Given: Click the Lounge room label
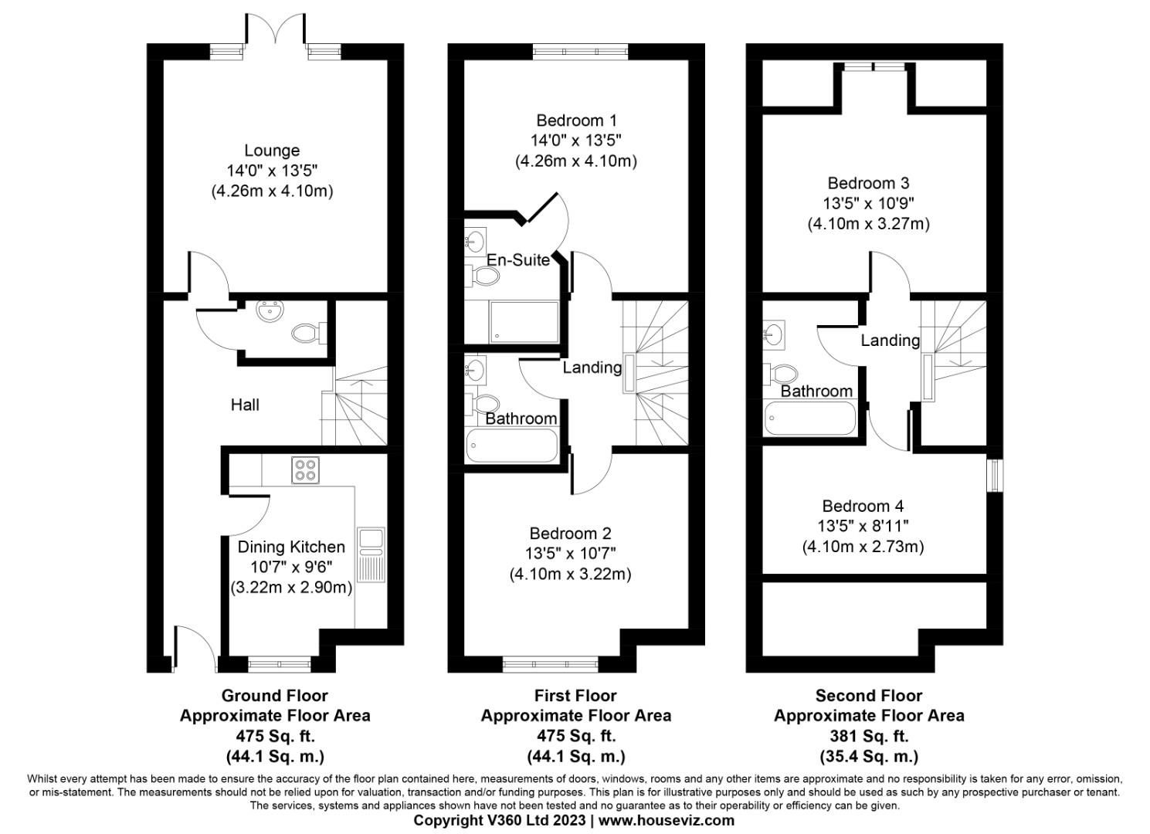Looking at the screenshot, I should coord(272,151).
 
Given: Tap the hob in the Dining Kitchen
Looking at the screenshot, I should coord(306,470).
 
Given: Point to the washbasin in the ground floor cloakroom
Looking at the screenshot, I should coord(270,312).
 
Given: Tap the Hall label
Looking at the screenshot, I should coord(245,405).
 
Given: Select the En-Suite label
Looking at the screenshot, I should coord(517,260).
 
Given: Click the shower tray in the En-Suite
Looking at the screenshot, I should coord(524,322).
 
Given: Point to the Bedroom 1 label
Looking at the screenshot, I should coord(576,120).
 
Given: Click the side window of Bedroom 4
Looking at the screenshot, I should coord(996,475).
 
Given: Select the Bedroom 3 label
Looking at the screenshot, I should coord(868,183).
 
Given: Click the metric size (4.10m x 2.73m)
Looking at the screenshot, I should coord(863,547).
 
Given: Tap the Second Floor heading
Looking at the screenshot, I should coord(869,696).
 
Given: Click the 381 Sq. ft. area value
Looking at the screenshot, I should coord(869,736).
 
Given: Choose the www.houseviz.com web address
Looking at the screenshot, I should coord(666,820).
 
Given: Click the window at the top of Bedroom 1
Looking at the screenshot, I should coord(580,52).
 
